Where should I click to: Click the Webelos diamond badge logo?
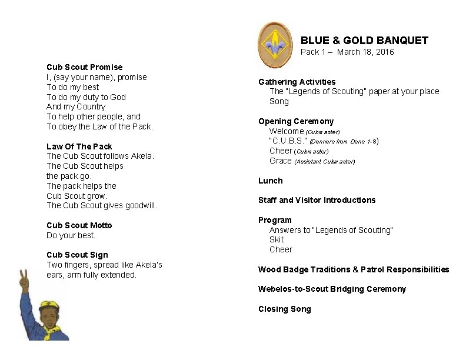pos(275,45)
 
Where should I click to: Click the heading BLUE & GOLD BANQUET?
pos(364,41)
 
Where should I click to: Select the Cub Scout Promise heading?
pos(84,67)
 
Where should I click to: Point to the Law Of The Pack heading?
pos(79,146)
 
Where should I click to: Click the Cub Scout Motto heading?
pos(79,225)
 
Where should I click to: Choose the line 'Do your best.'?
pos(71,235)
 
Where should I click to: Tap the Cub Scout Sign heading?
pos(77,255)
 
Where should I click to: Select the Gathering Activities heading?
pos(297,82)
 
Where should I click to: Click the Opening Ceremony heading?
pos(295,121)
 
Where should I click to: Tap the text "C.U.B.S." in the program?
pos(288,141)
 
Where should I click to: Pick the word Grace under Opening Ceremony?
pos(281,161)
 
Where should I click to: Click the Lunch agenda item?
pos(270,181)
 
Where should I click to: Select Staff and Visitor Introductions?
pos(317,200)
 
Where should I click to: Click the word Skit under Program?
pos(276,239)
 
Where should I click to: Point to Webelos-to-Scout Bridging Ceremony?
pos(332,289)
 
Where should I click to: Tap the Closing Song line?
pos(284,309)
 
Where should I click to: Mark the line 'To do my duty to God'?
pos(86,97)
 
